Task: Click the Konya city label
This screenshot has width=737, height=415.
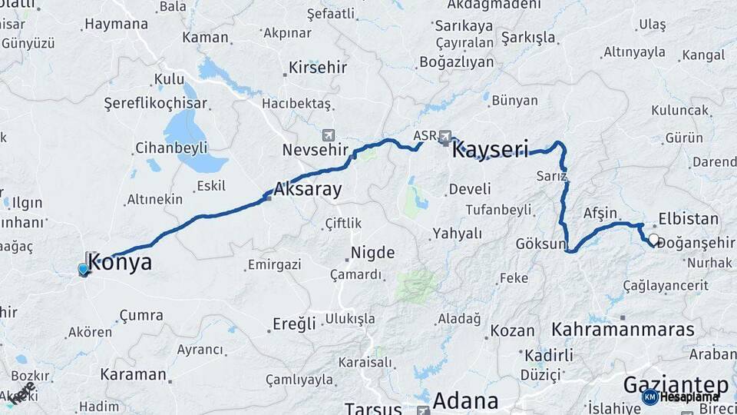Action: [x=121, y=263]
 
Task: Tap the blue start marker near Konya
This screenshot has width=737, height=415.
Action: [x=83, y=269]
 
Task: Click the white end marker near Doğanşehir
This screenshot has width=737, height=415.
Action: [x=653, y=240]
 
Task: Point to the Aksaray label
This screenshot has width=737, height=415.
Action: [x=308, y=190]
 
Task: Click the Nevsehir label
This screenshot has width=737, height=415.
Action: [x=316, y=149]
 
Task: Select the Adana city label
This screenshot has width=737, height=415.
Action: [x=465, y=400]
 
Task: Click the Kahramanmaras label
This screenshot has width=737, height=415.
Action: [x=623, y=329]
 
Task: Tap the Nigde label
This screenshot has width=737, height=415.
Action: [x=373, y=252]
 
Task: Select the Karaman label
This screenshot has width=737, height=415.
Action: [x=133, y=375]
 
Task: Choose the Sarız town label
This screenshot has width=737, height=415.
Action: [x=553, y=176]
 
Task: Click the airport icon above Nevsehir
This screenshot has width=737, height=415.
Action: [x=329, y=134]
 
